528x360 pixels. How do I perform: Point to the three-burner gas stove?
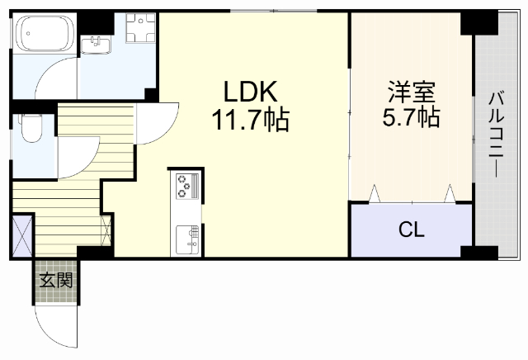pyautogui.click(x=186, y=187)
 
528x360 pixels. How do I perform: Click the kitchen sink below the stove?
pyautogui.click(x=186, y=240)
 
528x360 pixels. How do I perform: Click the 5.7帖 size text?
pyautogui.click(x=410, y=116)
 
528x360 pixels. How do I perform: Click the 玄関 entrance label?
pyautogui.click(x=57, y=280)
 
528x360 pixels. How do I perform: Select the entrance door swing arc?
pyautogui.click(x=58, y=326)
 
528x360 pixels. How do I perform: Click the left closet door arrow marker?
pyautogui.click(x=375, y=194)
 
